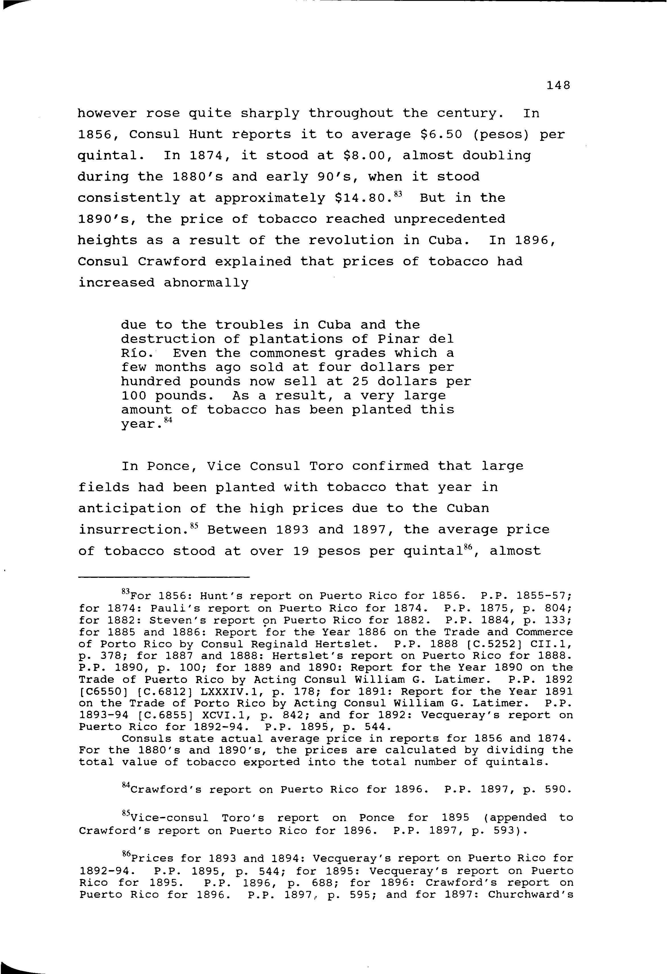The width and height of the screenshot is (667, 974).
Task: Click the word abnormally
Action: tap(206, 283)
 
